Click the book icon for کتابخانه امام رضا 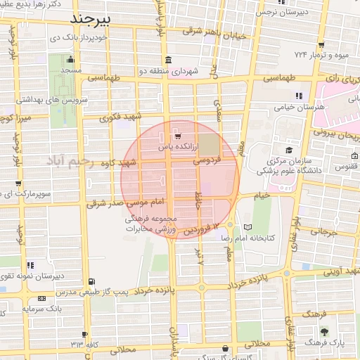coord(247,227)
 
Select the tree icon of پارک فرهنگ coord(323,330)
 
